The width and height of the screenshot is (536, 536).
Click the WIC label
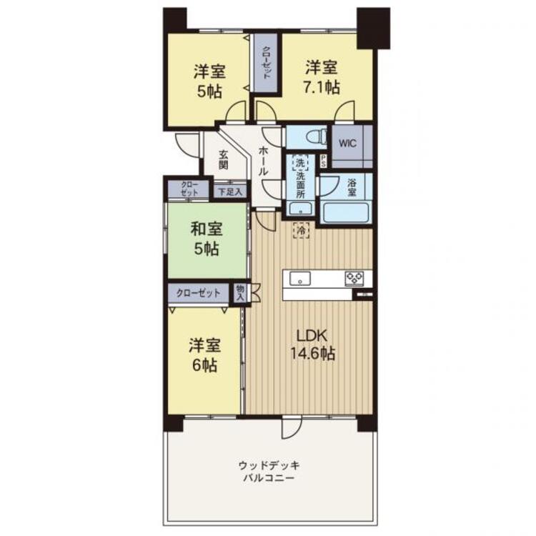[x=347, y=142]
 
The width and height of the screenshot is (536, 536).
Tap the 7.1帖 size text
[x=322, y=86]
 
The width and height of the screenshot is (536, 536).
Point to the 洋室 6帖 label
[x=204, y=355]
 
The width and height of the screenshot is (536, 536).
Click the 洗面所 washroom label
[x=300, y=182]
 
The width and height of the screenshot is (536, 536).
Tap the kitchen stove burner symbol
[x=355, y=278]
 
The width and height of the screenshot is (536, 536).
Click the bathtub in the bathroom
[x=345, y=213]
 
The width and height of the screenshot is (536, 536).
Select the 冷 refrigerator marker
[x=302, y=230]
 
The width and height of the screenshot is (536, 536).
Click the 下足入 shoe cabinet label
[x=230, y=191]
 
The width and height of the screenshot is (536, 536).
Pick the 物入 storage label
[x=240, y=292]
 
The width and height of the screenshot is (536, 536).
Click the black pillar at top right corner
[x=373, y=27]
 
